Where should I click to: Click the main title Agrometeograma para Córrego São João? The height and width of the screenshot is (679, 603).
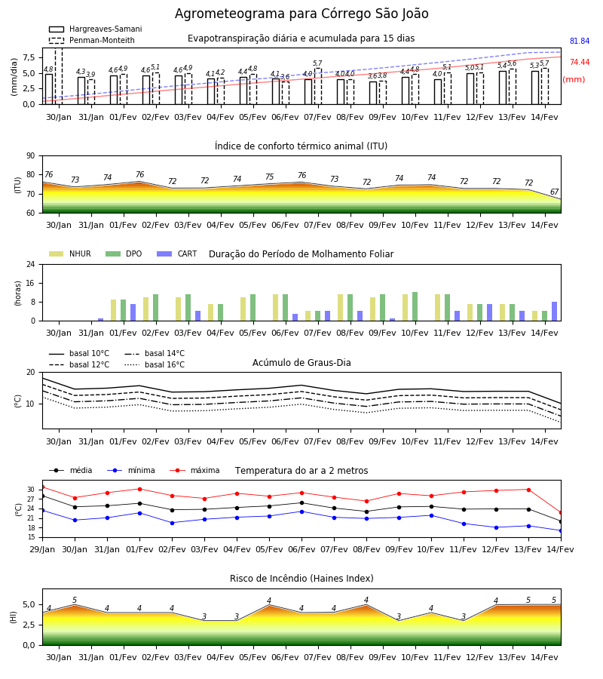[x=301, y=14]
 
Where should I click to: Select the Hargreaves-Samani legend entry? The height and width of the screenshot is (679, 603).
[x=96, y=29]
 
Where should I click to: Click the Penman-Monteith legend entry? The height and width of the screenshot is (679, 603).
[x=92, y=40]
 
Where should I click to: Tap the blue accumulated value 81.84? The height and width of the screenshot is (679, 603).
[x=580, y=41]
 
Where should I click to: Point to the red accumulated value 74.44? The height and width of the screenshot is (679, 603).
[x=580, y=63]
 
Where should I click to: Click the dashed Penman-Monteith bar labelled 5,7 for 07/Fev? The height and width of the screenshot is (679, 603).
[x=318, y=86]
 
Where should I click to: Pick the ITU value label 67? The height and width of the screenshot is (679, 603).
[x=554, y=192]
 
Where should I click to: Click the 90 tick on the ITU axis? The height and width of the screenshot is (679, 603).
[x=31, y=156]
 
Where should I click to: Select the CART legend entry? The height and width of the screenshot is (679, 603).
[x=177, y=253]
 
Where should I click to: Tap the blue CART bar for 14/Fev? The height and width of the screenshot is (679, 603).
[x=555, y=312]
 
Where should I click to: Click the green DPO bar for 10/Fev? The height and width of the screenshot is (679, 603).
[x=415, y=306]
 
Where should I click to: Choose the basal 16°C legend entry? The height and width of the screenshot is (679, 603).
[x=155, y=364]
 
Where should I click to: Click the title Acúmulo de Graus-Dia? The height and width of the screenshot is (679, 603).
[x=301, y=363]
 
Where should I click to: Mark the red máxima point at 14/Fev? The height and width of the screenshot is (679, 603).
[x=561, y=513]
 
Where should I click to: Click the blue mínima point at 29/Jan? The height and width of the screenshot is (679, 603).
[x=42, y=511]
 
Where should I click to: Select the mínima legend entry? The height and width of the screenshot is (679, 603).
[x=131, y=470]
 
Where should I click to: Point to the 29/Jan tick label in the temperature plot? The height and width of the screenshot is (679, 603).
[x=42, y=549]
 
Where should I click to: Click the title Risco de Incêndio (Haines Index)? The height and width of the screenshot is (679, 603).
[x=301, y=579]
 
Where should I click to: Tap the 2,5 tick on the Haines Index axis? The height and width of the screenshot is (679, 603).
[x=29, y=625]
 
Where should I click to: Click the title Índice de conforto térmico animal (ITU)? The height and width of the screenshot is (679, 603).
[x=301, y=146]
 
